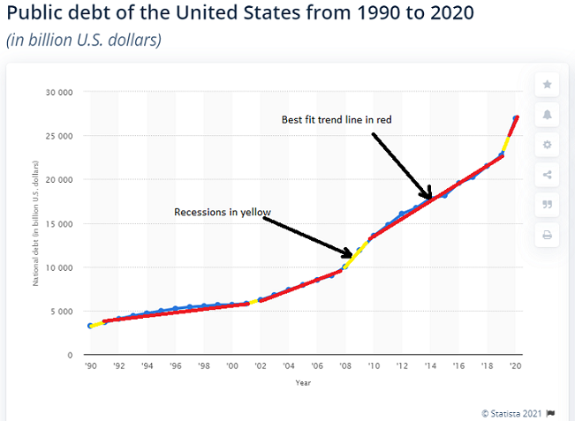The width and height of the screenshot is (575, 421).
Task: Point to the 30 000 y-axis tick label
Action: pos(59,92)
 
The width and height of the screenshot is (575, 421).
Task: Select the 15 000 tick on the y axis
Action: pos(59,223)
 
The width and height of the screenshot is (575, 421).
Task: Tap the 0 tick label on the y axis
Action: pos(69,355)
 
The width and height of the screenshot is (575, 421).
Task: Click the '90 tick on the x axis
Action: pos(90,365)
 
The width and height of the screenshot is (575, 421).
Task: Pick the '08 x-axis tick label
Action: pos(345,365)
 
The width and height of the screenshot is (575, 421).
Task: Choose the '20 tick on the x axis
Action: pos(516,365)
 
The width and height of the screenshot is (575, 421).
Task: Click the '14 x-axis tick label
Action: pos(430,365)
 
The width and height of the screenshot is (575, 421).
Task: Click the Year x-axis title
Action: pos(303,382)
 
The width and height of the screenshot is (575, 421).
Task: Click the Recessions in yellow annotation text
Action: pos(222,212)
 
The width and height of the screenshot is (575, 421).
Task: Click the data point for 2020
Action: pos(516,118)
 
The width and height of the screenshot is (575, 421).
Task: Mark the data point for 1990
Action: pos(90,326)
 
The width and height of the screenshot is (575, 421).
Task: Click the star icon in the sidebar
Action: pos(547,85)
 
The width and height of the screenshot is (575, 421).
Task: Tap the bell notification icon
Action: pos(547,115)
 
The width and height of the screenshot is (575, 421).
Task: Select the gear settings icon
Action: pos(547,145)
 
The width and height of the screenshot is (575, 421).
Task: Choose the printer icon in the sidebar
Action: pos(547,235)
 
